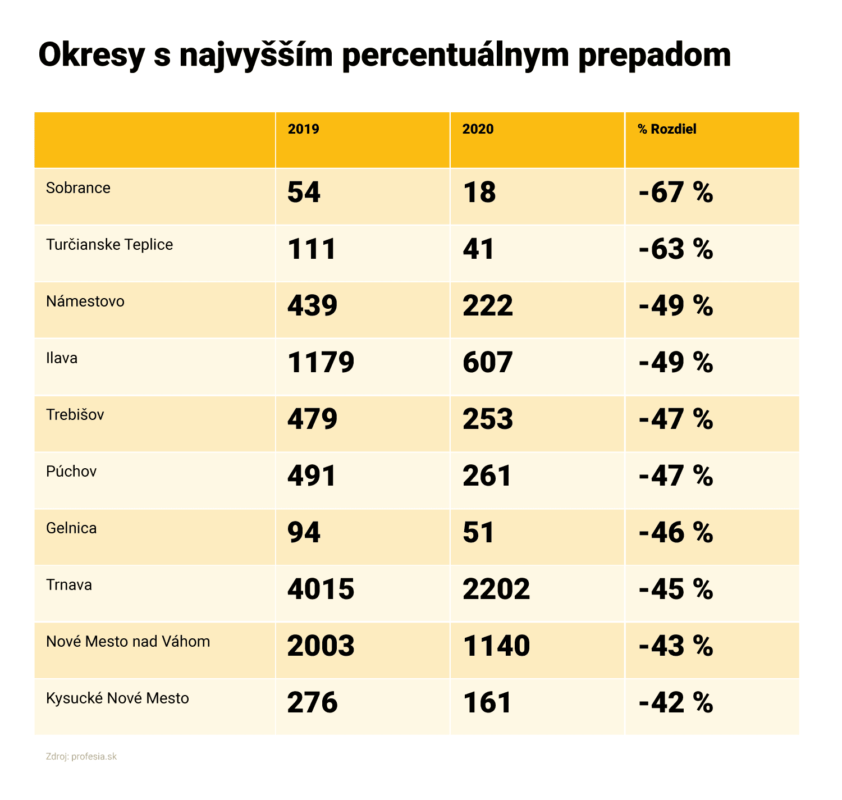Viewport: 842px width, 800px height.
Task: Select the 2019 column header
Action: point(303,129)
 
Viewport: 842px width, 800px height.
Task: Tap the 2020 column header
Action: point(478,129)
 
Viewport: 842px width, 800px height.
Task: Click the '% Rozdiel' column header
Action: point(667,129)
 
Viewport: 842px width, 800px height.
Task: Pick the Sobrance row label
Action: point(78,188)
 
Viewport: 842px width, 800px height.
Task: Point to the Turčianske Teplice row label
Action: point(109,245)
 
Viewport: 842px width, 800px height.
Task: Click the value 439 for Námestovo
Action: point(312,306)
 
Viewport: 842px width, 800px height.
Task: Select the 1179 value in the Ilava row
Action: point(321,363)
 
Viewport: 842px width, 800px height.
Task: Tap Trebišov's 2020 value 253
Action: point(487,419)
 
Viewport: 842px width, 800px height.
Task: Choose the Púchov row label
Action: point(71,471)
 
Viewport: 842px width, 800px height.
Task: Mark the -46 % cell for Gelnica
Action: point(676,533)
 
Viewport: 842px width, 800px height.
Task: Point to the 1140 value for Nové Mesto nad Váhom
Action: point(496,646)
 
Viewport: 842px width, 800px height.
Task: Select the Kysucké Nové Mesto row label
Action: point(117,698)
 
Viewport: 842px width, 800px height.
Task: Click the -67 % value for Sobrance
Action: point(676,193)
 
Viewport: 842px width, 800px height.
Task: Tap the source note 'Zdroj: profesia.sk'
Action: point(81,756)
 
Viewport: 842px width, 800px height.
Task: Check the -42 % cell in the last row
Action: point(676,703)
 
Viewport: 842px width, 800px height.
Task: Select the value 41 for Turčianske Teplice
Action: point(478,249)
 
